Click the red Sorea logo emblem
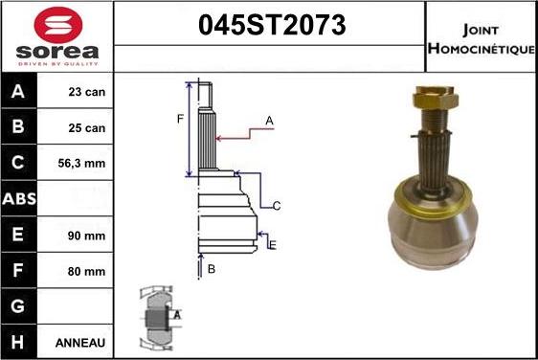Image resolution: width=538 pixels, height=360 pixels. pos(58,25)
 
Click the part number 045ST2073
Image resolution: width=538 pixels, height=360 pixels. pos(272,25)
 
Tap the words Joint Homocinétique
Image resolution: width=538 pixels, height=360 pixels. pos(482,39)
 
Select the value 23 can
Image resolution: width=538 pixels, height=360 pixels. pos(86,92)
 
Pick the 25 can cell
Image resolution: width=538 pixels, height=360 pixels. pos(86,128)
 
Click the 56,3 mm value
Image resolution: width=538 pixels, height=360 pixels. pos(81,164)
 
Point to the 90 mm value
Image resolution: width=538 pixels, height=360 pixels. pos(86,236)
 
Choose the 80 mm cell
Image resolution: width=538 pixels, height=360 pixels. pos(86,272)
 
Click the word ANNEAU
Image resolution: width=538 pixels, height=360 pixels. pos(80,343)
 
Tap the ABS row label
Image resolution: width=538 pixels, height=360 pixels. pos(19,199)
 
